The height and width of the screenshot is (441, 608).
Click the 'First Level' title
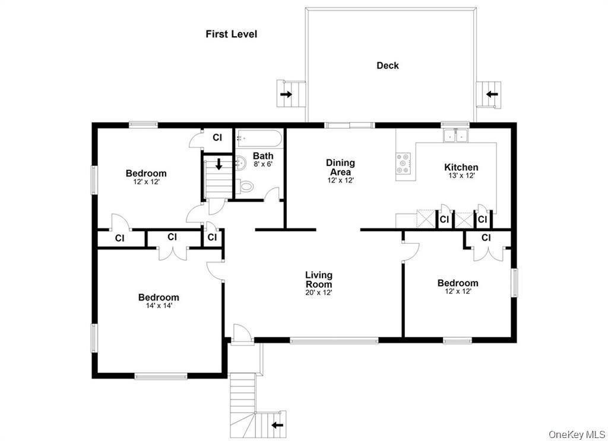232,34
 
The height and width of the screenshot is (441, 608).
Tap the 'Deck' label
388,66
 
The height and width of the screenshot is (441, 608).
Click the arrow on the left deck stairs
287,94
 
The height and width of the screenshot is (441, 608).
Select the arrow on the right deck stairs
492,94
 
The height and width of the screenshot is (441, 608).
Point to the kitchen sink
455,136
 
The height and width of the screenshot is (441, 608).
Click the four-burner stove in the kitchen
404,164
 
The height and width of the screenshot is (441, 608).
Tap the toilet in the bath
246,187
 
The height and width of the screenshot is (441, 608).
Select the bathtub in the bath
260,139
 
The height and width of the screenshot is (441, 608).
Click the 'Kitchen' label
461,168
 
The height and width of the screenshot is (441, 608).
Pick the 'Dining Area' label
341,167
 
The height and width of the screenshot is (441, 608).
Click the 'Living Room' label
319,280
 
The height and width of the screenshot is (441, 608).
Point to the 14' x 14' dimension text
159,306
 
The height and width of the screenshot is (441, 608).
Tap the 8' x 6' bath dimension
262,164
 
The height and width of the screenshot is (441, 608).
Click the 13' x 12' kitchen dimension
461,176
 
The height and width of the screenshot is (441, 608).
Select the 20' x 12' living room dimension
319,292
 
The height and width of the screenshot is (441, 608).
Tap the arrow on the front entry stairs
277,424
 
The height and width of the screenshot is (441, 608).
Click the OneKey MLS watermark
575,434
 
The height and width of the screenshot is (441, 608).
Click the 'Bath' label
263,156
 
